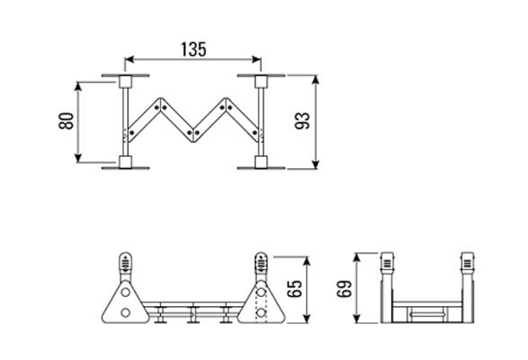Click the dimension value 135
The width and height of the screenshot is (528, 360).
[193, 49]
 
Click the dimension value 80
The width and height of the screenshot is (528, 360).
[67, 121]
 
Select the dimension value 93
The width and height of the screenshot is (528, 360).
[302, 121]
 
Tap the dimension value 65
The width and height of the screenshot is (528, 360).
[295, 289]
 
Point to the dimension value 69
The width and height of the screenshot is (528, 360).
[345, 289]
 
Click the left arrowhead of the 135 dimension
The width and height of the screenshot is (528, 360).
[130, 59]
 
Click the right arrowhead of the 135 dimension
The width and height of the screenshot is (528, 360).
[256, 59]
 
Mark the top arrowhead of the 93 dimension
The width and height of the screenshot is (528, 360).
[316, 80]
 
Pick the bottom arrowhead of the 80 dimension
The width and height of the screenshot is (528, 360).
[78, 158]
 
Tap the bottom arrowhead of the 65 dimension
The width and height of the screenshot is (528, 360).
[307, 319]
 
